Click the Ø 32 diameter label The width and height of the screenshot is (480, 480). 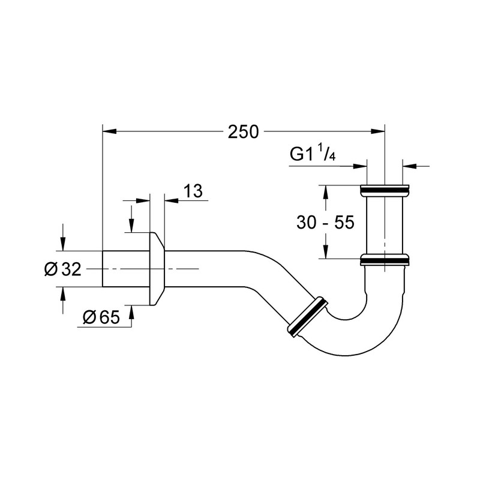click(62, 269)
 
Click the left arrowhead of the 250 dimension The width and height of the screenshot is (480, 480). click(108, 131)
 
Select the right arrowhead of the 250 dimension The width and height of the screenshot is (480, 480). click(379, 131)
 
